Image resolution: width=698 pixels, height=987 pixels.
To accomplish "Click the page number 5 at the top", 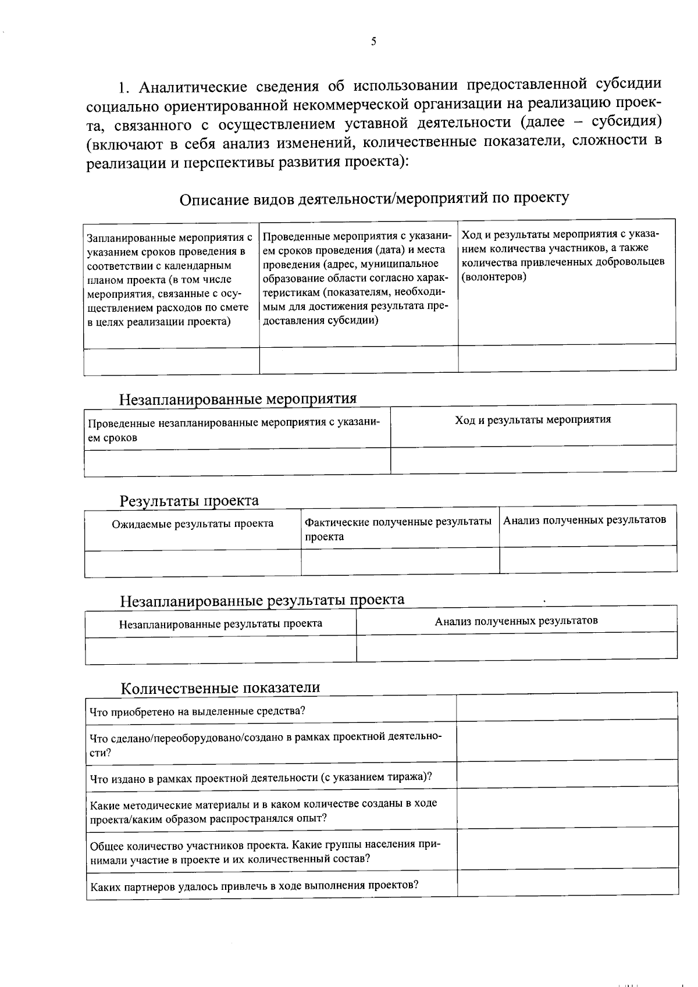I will click(x=373, y=41).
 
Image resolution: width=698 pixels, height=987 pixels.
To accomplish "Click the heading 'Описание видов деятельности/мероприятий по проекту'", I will click(x=374, y=198).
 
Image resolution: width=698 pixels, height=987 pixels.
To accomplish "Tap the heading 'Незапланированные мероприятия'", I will click(x=237, y=399).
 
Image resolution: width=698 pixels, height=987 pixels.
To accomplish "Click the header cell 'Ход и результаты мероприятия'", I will click(x=533, y=419).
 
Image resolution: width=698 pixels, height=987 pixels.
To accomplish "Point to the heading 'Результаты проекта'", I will click(x=189, y=501).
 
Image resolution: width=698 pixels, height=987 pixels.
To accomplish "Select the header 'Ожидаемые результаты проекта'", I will click(x=193, y=523).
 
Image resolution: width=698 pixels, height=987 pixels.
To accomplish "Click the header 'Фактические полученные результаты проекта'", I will click(x=398, y=529).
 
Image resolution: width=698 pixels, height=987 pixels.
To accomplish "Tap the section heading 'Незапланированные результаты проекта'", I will click(x=262, y=600).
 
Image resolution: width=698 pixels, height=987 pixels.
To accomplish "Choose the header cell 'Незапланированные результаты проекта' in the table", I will click(x=220, y=624).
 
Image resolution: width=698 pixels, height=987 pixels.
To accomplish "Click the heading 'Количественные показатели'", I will click(x=220, y=688).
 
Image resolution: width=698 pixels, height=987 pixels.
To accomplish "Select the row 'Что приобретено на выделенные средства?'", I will click(x=198, y=711).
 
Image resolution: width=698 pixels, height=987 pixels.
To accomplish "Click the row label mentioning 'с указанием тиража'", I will click(x=261, y=778).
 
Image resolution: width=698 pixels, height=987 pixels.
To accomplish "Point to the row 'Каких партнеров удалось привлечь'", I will click(x=254, y=886).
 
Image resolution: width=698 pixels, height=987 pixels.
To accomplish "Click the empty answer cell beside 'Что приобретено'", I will click(x=567, y=707).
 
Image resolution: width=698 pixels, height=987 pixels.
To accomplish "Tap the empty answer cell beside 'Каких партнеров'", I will click(x=567, y=881).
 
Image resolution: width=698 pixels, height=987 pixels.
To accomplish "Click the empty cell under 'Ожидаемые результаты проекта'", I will click(x=193, y=563).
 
